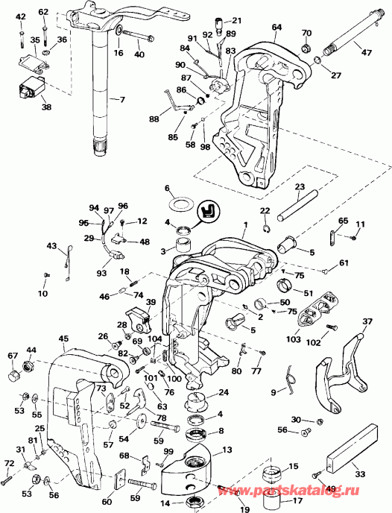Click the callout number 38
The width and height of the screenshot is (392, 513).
click(26, 107)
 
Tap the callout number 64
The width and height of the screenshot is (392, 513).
click(277, 28)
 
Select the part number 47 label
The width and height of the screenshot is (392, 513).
click(365, 54)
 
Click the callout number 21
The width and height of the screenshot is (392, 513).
click(236, 21)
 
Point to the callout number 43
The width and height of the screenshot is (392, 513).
click(51, 246)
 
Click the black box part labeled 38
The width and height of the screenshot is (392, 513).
click(30, 90)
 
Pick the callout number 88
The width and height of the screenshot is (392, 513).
click(154, 119)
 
